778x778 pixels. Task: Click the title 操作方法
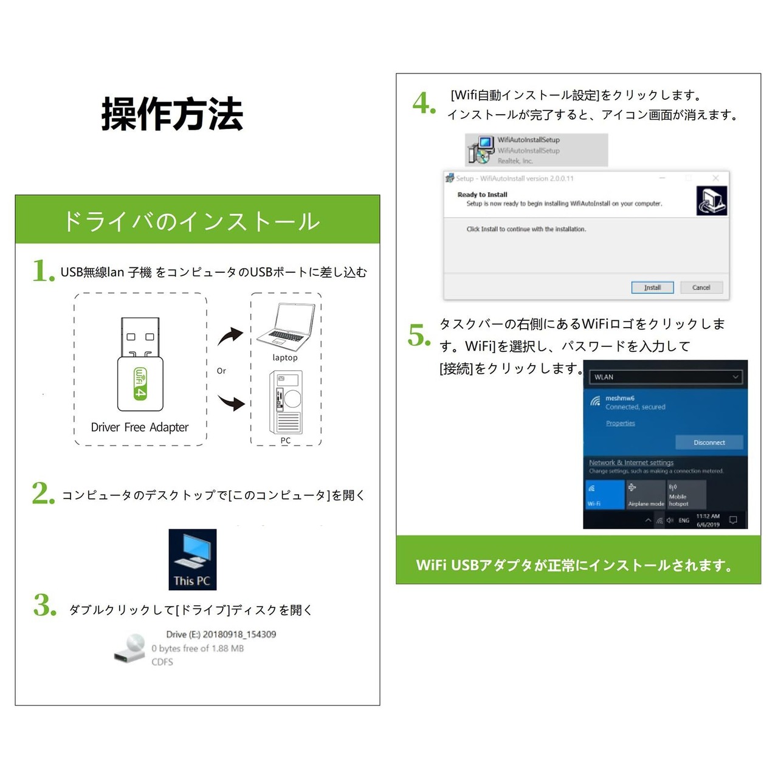tap(172, 114)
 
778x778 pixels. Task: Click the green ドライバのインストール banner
tap(197, 220)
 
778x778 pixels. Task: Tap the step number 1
tap(43, 270)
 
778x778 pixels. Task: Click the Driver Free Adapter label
tap(140, 427)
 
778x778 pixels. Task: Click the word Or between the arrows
tap(221, 371)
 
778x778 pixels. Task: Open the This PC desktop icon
tap(192, 559)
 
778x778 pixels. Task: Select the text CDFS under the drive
tap(162, 662)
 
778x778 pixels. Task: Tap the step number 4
tap(424, 103)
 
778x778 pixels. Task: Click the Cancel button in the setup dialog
tap(701, 287)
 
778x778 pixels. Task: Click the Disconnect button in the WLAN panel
tap(709, 442)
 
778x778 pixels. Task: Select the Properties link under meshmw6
tap(620, 423)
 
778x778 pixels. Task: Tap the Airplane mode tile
tap(645, 494)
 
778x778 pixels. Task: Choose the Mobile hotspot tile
tap(686, 494)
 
